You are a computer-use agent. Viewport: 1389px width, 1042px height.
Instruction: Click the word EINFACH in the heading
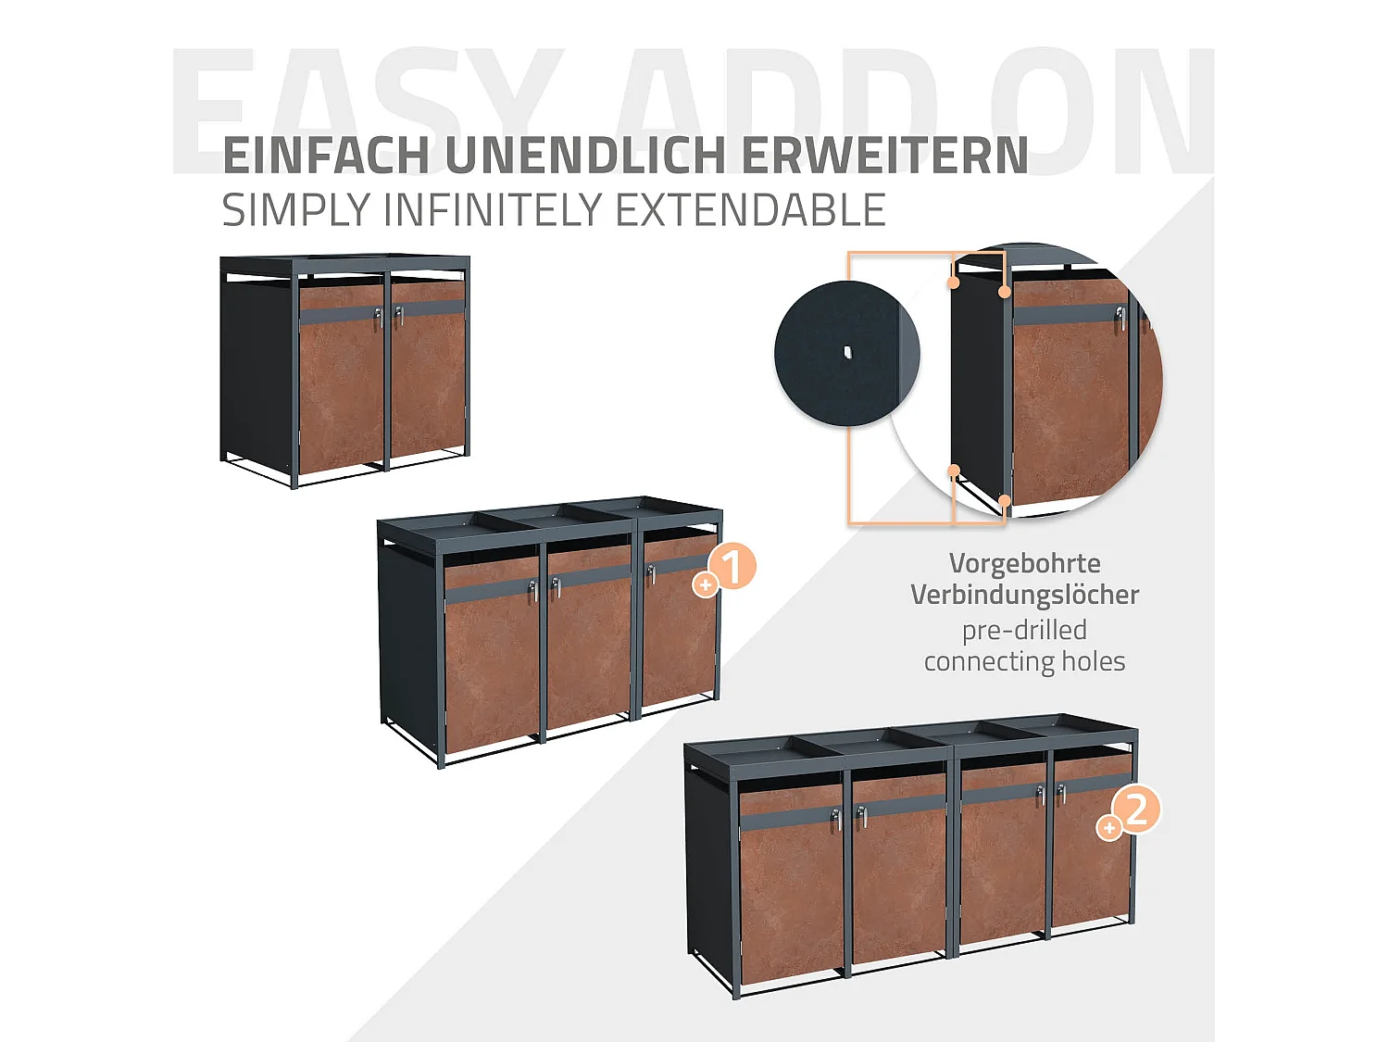point(326,156)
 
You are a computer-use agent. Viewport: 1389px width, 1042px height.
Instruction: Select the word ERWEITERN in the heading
point(884,156)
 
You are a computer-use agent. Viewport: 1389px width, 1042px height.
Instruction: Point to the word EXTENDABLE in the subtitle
point(750,210)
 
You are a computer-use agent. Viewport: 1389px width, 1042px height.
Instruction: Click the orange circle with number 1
point(732,567)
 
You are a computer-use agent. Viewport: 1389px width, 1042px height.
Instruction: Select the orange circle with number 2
point(1137,810)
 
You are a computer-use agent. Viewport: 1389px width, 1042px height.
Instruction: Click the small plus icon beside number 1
point(706,585)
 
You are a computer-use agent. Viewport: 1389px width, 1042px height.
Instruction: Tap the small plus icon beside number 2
point(1108,827)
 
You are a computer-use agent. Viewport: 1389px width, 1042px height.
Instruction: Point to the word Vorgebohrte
point(1024,563)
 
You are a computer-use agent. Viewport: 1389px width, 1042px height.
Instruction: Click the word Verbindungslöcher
point(1024,595)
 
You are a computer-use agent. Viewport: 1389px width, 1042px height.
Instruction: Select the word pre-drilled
point(1024,630)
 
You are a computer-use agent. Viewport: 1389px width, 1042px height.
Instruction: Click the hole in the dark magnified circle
point(846,351)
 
